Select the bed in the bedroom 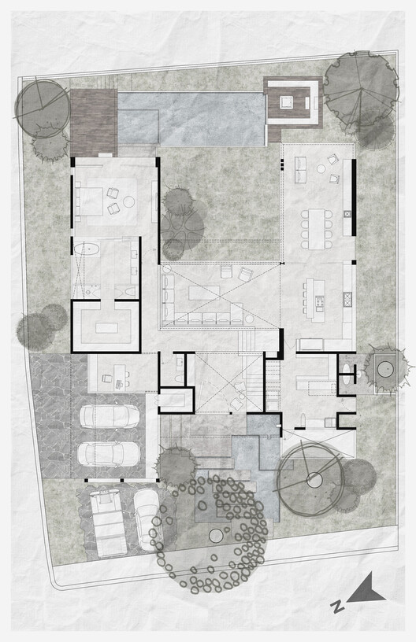click(89, 198)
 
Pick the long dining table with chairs click(316, 229)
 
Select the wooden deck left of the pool click(93, 122)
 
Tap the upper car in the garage click(110, 415)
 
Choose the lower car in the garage click(110, 454)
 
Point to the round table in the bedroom click(129, 201)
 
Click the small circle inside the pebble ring click(216, 536)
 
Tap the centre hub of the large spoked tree click(314, 478)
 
